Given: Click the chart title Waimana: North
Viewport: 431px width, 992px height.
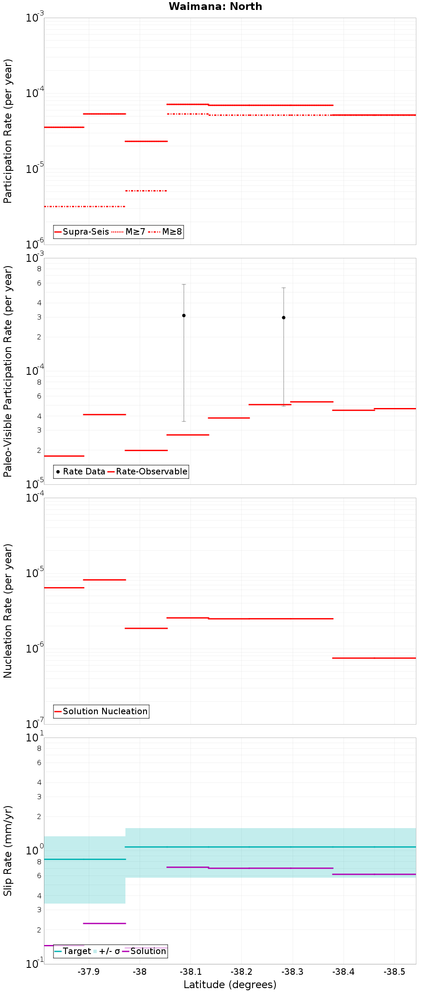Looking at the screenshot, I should click(215, 6).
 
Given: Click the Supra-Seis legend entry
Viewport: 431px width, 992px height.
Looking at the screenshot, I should click(81, 232).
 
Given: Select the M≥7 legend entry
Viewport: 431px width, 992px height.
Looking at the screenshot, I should click(128, 232).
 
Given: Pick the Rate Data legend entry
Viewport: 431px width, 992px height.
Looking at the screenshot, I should click(81, 471).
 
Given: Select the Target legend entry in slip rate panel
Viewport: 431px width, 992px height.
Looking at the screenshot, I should click(72, 951).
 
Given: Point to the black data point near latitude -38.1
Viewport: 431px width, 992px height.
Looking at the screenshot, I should click(184, 315).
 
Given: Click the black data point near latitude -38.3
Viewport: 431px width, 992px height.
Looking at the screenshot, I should click(284, 317).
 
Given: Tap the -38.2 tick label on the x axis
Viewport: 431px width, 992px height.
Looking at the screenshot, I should click(241, 972).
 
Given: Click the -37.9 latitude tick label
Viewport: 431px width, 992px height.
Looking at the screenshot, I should click(88, 972).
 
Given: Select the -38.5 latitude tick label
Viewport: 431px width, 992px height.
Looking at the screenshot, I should click(394, 972).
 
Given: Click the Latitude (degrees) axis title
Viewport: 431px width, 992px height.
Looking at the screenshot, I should click(230, 985).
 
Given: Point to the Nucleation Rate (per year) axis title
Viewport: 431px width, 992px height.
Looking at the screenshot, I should click(8, 610).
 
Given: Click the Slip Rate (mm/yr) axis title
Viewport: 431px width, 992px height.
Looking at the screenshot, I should click(8, 851).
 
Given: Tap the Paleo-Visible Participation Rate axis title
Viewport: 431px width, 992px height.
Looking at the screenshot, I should click(8, 371).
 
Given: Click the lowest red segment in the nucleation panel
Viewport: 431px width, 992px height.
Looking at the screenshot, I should click(374, 658).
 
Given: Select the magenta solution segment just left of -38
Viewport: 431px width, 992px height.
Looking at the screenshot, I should click(104, 923).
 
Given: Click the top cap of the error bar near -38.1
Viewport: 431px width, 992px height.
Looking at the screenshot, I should click(184, 284).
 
